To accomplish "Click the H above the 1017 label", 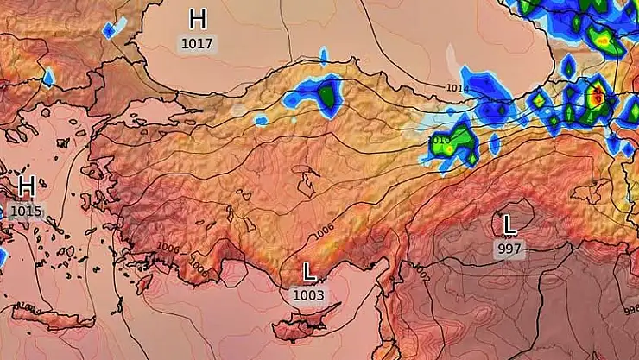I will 198,18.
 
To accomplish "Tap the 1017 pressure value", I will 198,42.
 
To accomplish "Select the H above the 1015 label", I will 27,186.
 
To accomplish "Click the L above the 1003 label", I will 309,273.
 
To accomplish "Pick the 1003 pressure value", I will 308,295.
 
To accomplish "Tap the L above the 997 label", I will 509,225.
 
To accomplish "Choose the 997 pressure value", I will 509,249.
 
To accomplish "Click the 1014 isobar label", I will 458,88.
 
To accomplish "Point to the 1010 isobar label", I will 439,140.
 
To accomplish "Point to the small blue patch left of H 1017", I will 109,30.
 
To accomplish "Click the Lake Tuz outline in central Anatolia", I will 304,182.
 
